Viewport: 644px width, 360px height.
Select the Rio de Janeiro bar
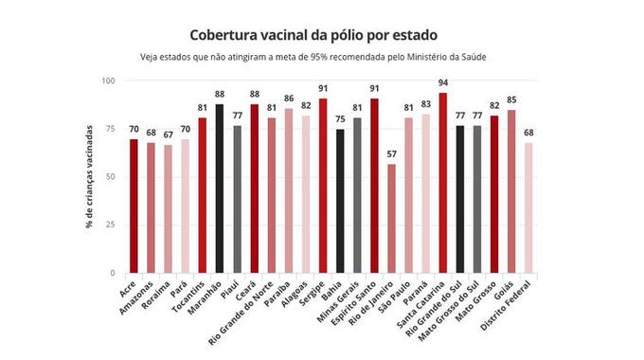[391, 218]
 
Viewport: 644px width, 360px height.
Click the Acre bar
[134, 206]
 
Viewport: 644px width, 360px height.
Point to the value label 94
[443, 83]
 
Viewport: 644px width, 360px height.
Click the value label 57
[391, 154]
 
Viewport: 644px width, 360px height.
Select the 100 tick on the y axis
[107, 81]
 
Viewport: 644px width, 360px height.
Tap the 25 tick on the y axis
[109, 225]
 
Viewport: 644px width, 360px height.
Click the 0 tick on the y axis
[112, 273]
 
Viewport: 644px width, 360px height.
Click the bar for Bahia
[340, 201]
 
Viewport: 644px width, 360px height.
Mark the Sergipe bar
[323, 186]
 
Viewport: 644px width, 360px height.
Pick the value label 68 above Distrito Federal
[528, 133]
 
